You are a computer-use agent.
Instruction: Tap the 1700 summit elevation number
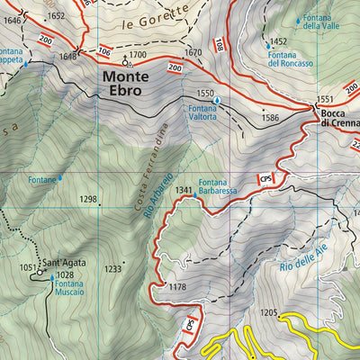click(137, 56)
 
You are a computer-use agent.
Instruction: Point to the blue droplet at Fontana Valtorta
click(217, 99)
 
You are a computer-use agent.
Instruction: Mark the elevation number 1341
click(183, 191)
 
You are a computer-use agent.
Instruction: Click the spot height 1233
click(112, 269)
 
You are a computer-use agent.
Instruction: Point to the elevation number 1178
click(176, 287)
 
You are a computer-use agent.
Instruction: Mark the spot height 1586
click(270, 117)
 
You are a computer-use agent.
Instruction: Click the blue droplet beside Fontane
click(61, 179)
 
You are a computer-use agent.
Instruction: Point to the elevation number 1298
click(88, 199)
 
